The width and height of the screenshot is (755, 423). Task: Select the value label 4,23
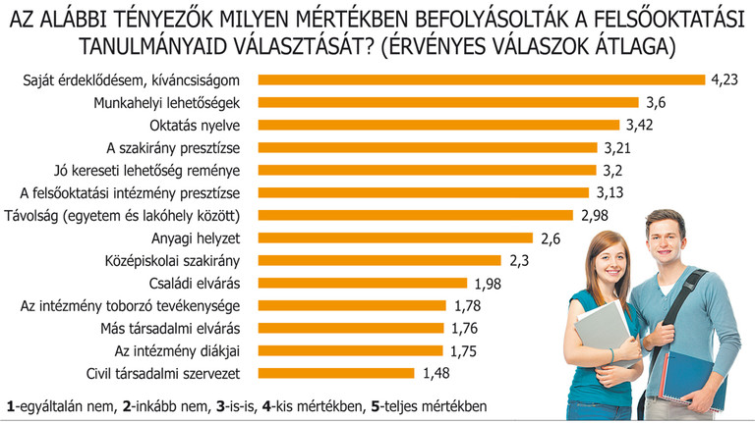coord(725,79)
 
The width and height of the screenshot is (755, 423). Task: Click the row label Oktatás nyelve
coord(208,125)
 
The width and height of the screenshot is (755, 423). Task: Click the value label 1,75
coord(464,350)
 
